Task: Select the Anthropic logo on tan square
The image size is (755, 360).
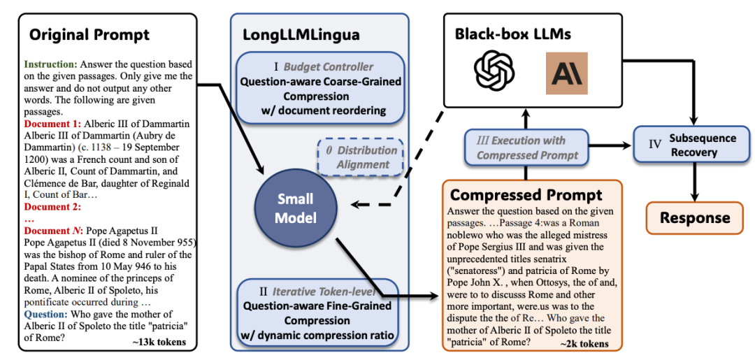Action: pyautogui.click(x=566, y=73)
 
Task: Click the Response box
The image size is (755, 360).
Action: pyautogui.click(x=695, y=217)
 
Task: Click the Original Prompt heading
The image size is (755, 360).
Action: pyautogui.click(x=89, y=34)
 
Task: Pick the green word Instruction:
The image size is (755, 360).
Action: pyautogui.click(x=54, y=63)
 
